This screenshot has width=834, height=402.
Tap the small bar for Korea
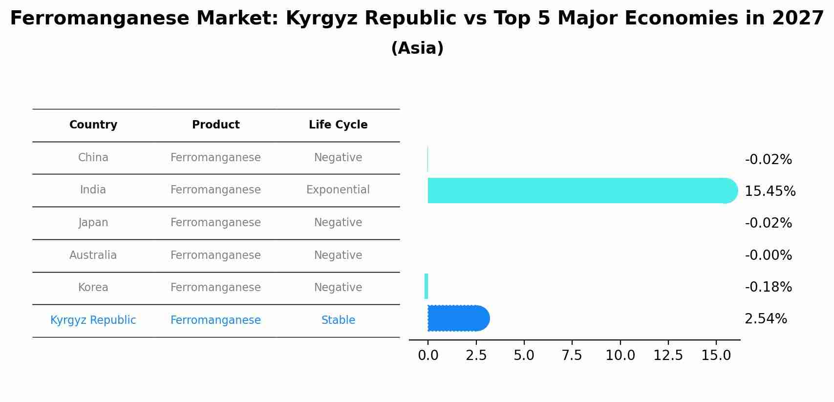coord(427,286)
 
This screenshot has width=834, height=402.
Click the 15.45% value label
coord(770,191)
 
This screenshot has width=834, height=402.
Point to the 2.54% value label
coord(766,319)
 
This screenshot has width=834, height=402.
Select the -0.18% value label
coord(768,287)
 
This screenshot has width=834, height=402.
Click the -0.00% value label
coord(768,255)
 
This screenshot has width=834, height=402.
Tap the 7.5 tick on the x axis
coord(572,356)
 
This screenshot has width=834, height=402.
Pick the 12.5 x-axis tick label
coord(668,356)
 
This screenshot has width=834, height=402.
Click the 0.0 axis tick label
coord(428,356)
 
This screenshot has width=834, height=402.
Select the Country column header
coord(93,125)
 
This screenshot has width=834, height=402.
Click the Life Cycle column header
coord(338,125)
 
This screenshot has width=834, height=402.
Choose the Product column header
coord(215,125)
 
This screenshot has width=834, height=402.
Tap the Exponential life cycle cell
coord(338,190)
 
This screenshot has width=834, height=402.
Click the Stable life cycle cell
coord(338,320)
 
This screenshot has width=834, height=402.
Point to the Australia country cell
coord(93,255)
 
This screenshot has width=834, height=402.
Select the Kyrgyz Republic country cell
coord(93,320)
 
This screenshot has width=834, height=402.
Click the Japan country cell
coord(93,223)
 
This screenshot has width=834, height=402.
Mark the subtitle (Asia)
coord(417,48)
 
